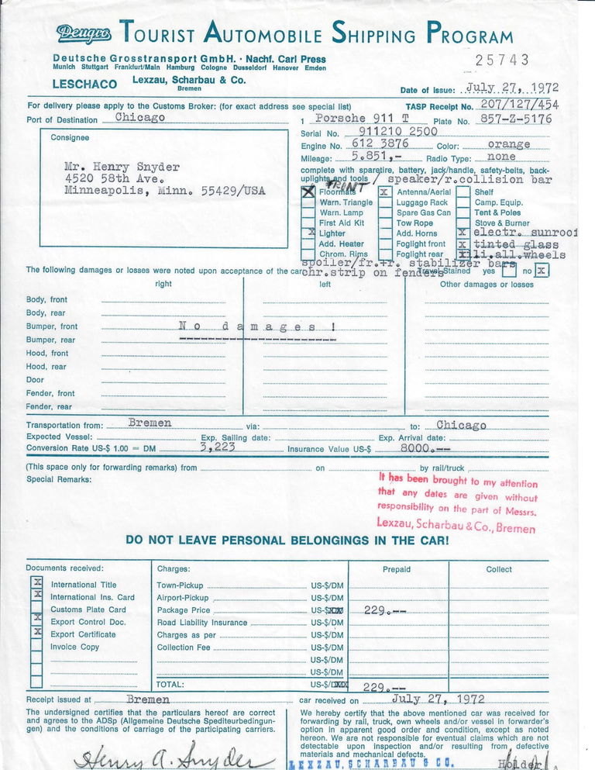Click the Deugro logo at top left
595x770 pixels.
tap(84, 33)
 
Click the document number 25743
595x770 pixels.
tap(502, 60)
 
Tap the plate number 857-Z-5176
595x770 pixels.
tap(515, 119)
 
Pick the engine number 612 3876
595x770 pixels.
tap(380, 144)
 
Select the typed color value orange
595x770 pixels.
tap(508, 144)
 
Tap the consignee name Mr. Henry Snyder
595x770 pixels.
tap(122, 166)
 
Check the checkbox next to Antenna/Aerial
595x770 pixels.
tap(384, 191)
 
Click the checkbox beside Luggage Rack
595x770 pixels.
tap(384, 202)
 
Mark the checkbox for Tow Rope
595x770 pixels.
tap(384, 223)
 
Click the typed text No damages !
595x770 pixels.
tap(257, 326)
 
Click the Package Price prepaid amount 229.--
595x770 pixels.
tap(386, 610)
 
